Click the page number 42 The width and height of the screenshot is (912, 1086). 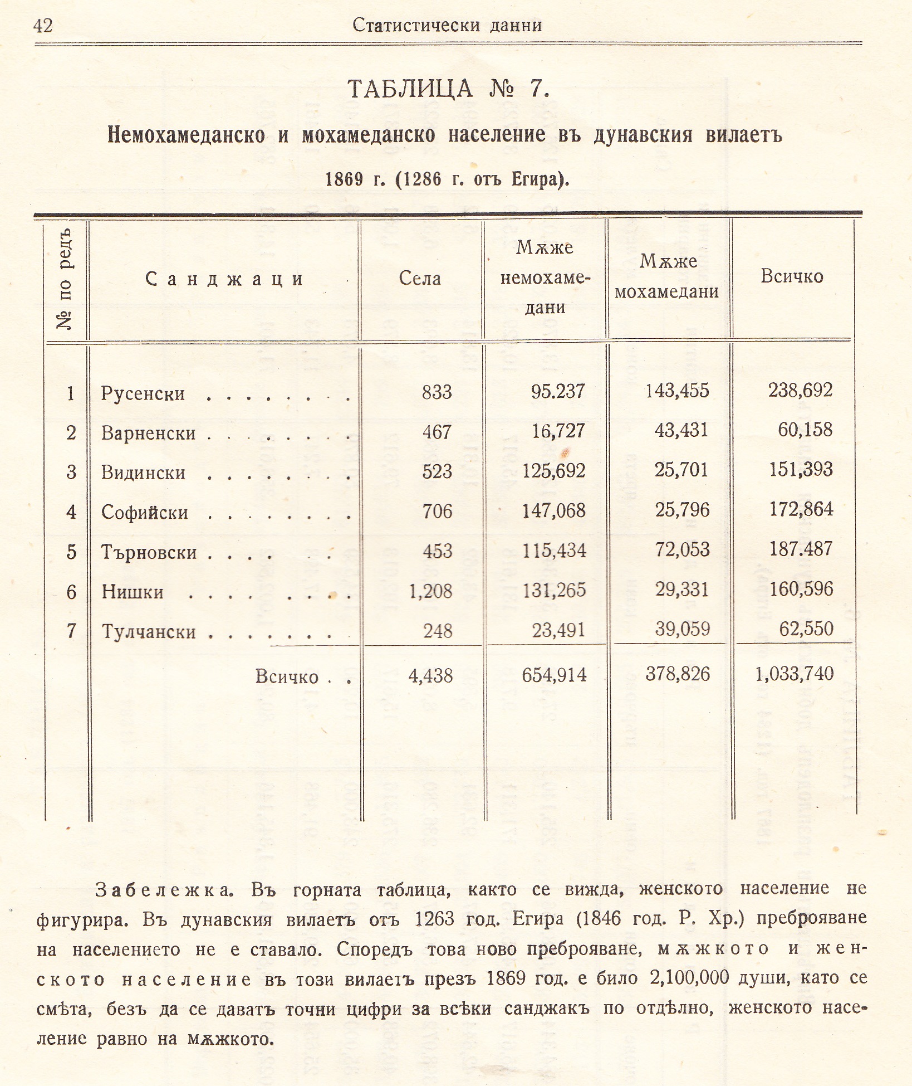(x=43, y=26)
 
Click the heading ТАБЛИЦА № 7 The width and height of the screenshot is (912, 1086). (x=449, y=89)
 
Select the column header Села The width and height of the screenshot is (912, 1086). (x=420, y=278)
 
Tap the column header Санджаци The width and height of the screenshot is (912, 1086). (x=224, y=279)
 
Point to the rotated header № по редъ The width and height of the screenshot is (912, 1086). (x=65, y=279)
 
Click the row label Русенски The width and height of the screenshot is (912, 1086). (x=143, y=394)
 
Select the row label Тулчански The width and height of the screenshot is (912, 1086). (x=149, y=632)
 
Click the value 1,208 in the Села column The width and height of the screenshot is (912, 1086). (x=430, y=591)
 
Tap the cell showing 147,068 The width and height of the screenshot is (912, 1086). (x=554, y=510)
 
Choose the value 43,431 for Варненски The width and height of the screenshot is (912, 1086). (x=681, y=431)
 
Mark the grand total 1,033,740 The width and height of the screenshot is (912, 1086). (x=795, y=674)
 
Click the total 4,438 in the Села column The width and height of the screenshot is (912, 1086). (x=430, y=676)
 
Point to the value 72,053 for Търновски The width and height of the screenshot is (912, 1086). (x=682, y=550)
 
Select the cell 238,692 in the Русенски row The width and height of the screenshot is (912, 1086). (x=801, y=390)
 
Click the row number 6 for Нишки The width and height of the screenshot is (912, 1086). (x=71, y=592)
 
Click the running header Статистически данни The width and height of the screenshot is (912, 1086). (x=447, y=26)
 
